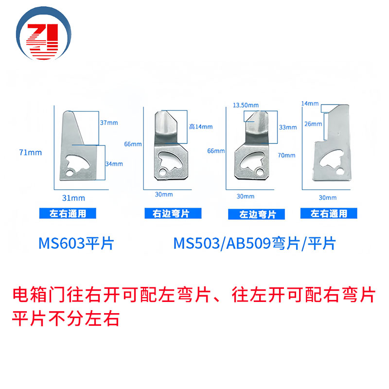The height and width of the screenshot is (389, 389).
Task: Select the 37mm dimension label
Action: [109, 123]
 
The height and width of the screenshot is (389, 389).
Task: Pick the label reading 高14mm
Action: [200, 127]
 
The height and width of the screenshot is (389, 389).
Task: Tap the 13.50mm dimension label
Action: [245, 105]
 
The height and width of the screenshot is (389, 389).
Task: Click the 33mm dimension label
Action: [288, 127]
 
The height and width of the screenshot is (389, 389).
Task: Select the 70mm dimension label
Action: [286, 156]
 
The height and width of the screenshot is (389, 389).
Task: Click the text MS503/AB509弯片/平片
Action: [254, 243]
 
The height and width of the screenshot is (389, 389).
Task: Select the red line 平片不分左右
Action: [65, 320]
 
